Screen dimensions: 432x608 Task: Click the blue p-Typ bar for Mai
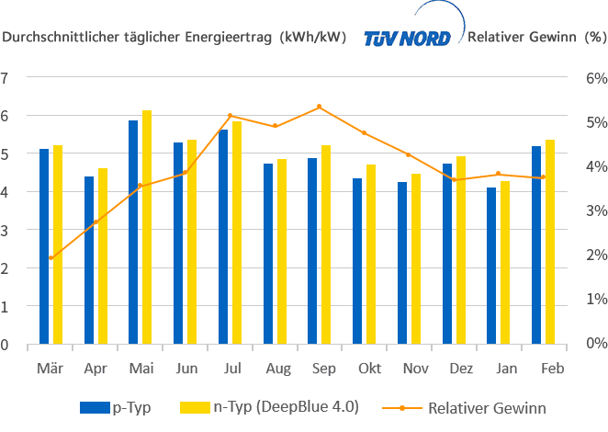pyautogui.click(x=133, y=233)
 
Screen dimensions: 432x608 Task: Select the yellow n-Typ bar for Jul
pyautogui.click(x=237, y=233)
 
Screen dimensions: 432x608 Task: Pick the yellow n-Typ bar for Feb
pyautogui.click(x=550, y=243)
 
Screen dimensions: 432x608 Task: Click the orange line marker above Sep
pyautogui.click(x=318, y=107)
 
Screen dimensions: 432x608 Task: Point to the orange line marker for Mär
pyautogui.click(x=51, y=258)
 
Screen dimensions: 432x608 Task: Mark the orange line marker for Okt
pyautogui.click(x=364, y=133)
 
